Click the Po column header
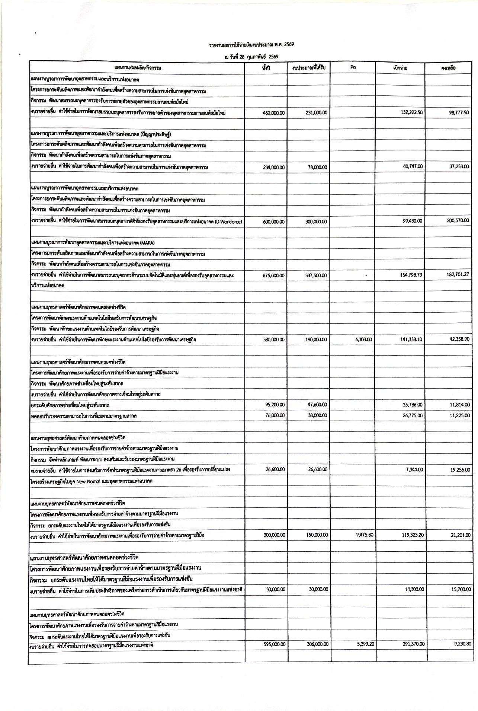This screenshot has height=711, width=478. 353,68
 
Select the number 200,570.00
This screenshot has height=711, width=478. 458,220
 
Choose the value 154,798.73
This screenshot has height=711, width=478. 412,275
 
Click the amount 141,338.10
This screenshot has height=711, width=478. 412,339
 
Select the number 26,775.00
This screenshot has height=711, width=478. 413,415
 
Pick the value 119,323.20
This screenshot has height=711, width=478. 412,535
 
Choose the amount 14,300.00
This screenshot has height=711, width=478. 413,589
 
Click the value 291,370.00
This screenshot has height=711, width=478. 412,644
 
